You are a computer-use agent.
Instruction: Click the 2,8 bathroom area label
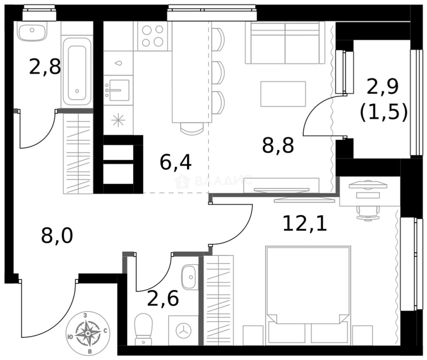point(45,67)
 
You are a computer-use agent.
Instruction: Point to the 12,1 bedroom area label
point(305,224)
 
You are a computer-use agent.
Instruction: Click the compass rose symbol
point(88,333)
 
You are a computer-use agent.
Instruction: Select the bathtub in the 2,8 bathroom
point(77,72)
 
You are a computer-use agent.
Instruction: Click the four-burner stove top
point(153,36)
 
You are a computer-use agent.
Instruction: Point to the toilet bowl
point(143,329)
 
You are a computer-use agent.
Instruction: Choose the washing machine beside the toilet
point(183,330)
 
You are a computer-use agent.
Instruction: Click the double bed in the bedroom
point(308,295)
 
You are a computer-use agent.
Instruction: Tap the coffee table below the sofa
point(283,94)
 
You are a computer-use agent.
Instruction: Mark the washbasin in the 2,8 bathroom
point(32,32)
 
